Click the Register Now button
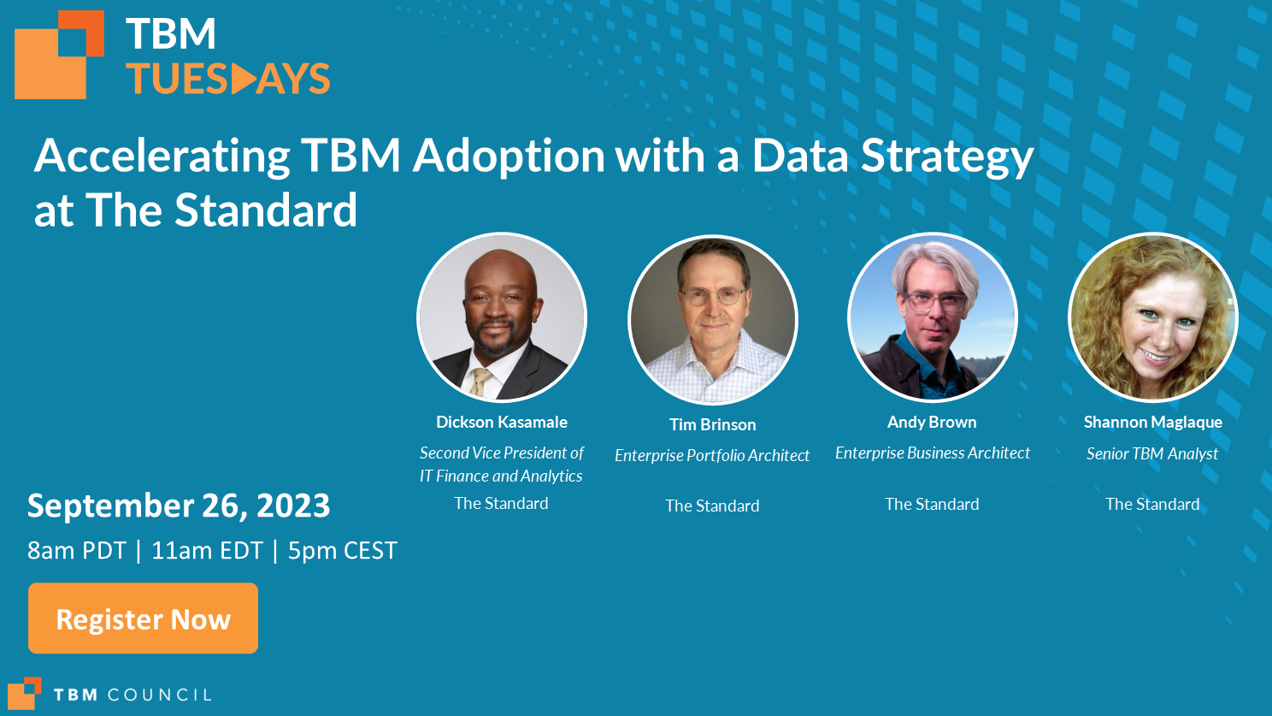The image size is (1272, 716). [x=143, y=618]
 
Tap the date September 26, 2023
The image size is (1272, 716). [x=179, y=506]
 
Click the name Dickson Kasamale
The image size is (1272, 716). [x=501, y=422]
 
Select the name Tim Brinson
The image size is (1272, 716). [x=712, y=424]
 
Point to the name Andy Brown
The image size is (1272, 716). [x=932, y=422]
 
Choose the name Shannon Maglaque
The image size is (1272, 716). [x=1152, y=422]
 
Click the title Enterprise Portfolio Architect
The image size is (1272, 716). [x=712, y=455]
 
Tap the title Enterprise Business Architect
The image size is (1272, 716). [x=932, y=453]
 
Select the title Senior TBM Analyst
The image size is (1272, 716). [x=1152, y=453]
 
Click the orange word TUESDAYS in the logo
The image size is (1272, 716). [x=227, y=80]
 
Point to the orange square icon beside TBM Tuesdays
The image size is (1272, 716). [x=58, y=56]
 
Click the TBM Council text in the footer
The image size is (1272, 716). [x=132, y=695]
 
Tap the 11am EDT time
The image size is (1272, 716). [x=207, y=550]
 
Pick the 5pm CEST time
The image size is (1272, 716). [x=342, y=550]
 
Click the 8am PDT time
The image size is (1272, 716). [x=76, y=550]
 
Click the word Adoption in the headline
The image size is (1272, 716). [x=509, y=156]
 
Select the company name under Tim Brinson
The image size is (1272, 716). [x=712, y=506]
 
